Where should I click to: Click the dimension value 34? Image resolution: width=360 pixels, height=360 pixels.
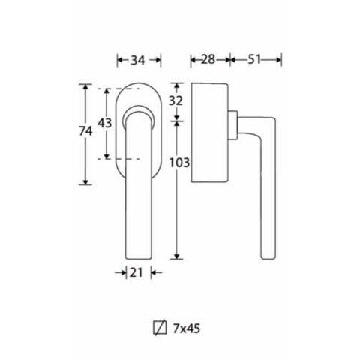pyautogui.click(x=138, y=60)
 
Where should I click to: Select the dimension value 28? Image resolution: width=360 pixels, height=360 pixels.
pyautogui.click(x=208, y=59)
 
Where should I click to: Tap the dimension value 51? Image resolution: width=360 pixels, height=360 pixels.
pyautogui.click(x=254, y=59)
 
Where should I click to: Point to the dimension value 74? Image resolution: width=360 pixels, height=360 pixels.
pyautogui.click(x=85, y=131)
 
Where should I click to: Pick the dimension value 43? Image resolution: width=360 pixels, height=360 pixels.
pyautogui.click(x=104, y=123)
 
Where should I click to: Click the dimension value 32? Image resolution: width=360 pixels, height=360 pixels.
pyautogui.click(x=175, y=100)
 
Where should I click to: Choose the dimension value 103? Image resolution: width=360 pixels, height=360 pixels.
pyautogui.click(x=179, y=163)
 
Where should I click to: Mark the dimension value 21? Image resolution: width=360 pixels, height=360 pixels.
pyautogui.click(x=136, y=272)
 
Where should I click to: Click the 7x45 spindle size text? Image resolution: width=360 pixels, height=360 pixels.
pyautogui.click(x=187, y=328)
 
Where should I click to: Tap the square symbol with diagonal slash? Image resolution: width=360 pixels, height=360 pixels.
pyautogui.click(x=160, y=328)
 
